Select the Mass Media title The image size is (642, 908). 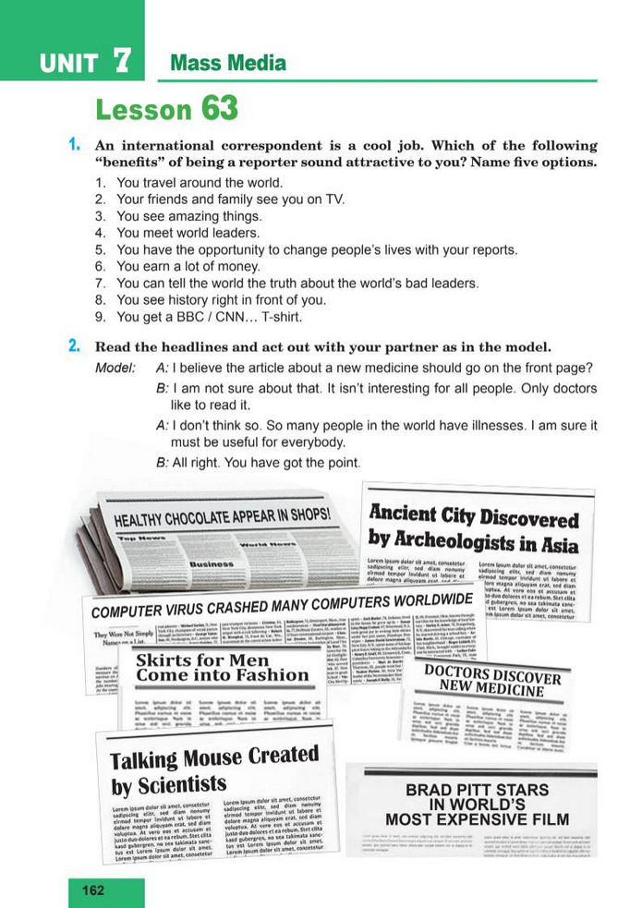point(228,63)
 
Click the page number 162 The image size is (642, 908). point(93,890)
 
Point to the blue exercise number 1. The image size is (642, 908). point(73,145)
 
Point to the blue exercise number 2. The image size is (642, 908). point(73,347)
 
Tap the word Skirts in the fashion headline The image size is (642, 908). point(164,661)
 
